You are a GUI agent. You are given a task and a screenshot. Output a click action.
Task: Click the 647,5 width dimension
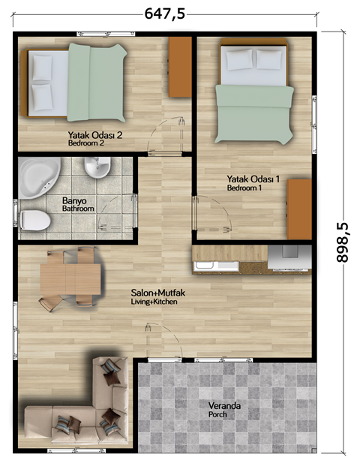pyautogui.click(x=165, y=14)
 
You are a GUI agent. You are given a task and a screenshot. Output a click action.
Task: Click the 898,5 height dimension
pyautogui.click(x=342, y=242)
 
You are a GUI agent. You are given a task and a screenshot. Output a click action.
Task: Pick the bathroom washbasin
pyautogui.click(x=97, y=167)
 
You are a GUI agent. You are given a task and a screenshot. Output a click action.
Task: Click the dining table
pyautogui.click(x=70, y=279)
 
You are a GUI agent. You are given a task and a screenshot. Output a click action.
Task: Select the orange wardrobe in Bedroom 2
pyautogui.click(x=180, y=67)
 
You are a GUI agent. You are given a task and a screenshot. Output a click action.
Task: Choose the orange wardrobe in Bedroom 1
pyautogui.click(x=299, y=209)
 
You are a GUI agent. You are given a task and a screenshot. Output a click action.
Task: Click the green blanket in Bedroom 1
pyautogui.click(x=254, y=113)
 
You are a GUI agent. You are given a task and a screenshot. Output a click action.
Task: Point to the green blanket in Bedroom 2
pyautogui.click(x=96, y=83)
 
